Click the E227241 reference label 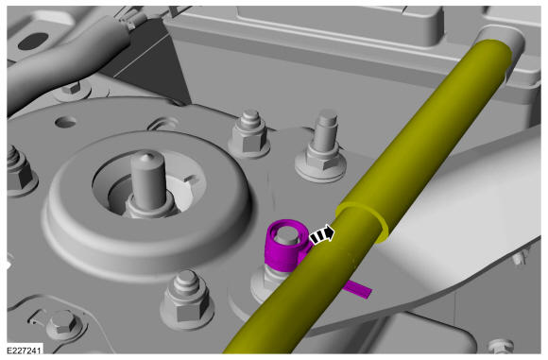[x=24, y=350]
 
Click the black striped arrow [x=322, y=235]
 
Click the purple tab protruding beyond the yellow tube [x=357, y=289]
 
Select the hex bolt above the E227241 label [x=63, y=323]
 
